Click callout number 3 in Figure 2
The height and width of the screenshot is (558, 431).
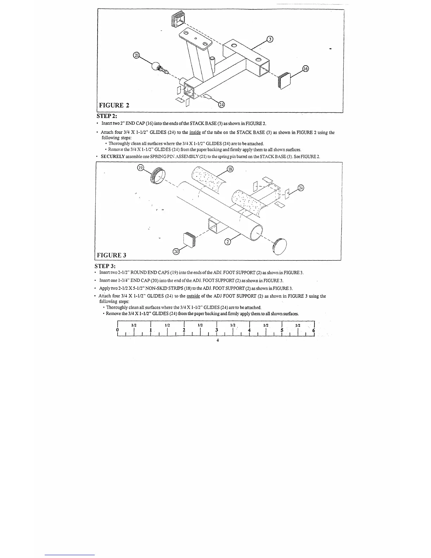tap(270, 39)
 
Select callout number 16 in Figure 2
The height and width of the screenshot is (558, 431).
tap(305, 69)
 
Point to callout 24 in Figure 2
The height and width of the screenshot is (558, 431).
tap(221, 104)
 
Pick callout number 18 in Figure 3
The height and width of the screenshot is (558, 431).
tap(230, 169)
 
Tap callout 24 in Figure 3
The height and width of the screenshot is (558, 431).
tap(300, 188)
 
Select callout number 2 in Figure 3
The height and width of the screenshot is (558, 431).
tap(228, 242)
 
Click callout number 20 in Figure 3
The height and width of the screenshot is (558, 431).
tap(176, 251)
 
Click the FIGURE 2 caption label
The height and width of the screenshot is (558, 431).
tap(114, 105)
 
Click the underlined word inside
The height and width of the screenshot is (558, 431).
tap(195, 132)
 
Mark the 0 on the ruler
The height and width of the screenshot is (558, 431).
tap(117, 330)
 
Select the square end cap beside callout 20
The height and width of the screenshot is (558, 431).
tap(189, 240)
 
